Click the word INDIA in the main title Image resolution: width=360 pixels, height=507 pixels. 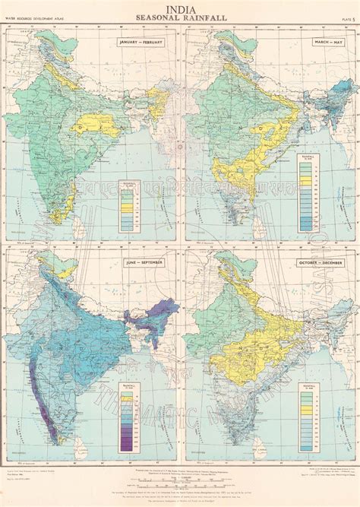[180, 8]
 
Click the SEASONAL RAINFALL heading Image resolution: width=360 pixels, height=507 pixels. [180, 17]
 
